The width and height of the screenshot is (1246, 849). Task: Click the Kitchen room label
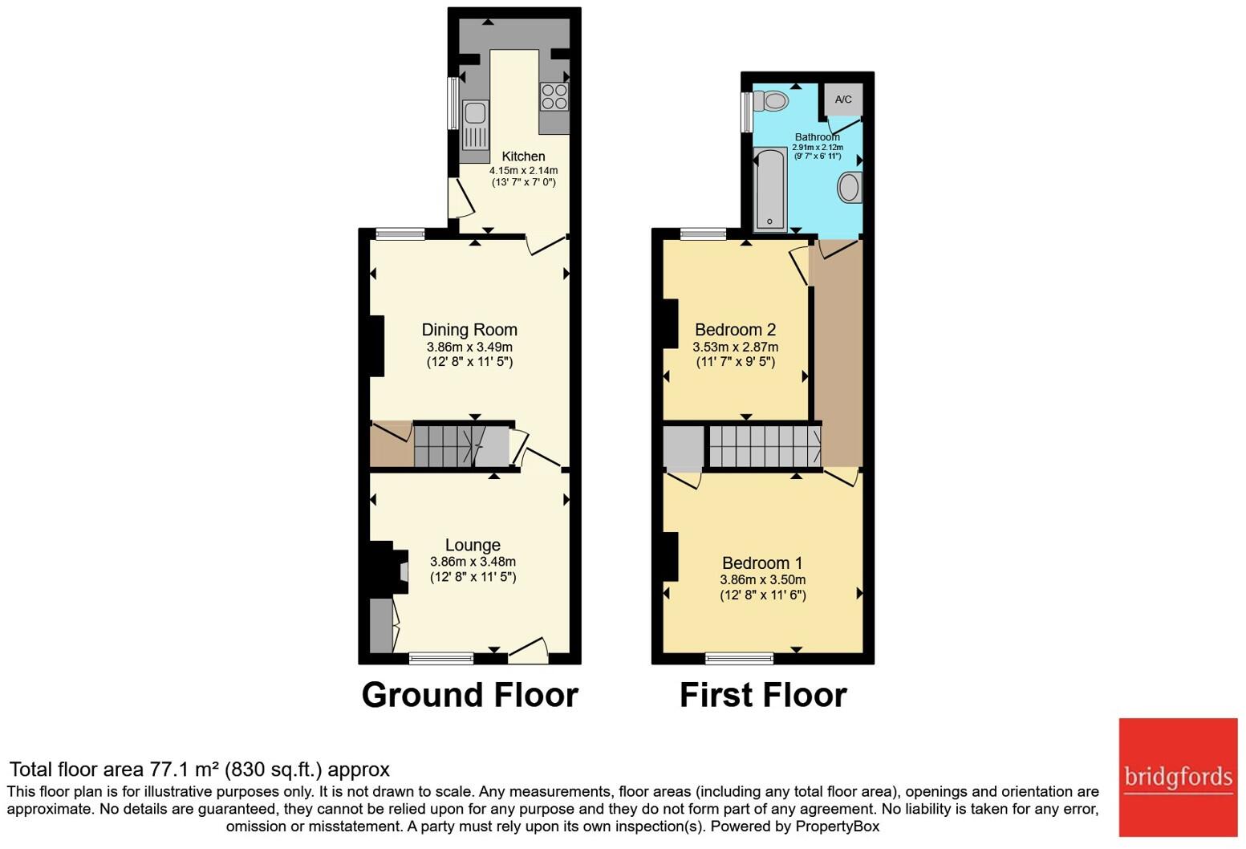pos(523,156)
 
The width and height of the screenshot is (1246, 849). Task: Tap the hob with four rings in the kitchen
pos(554,97)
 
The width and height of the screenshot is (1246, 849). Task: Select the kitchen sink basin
pos(474,113)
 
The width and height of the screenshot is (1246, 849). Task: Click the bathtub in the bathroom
pos(770,189)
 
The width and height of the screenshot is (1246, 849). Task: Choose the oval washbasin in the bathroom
pos(850,187)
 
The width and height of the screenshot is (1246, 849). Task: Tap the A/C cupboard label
pos(843,100)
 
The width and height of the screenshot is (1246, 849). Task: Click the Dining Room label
pos(469,330)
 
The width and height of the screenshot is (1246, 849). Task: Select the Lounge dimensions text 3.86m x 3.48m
pos(473,562)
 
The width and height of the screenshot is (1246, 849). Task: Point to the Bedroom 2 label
pos(736,330)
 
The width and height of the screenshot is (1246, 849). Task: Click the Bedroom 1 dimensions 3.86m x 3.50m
pos(763,579)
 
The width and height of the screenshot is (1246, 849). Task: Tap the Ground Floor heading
pos(470,695)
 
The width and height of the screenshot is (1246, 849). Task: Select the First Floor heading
pos(763,695)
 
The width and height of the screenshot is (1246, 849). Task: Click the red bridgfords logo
pos(1178,778)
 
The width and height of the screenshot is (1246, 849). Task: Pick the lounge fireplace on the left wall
pos(389,568)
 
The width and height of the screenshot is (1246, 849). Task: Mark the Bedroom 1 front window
pos(739,659)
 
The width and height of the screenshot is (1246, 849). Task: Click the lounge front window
pos(441,659)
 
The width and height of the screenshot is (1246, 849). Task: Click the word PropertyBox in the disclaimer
pos(837,827)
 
